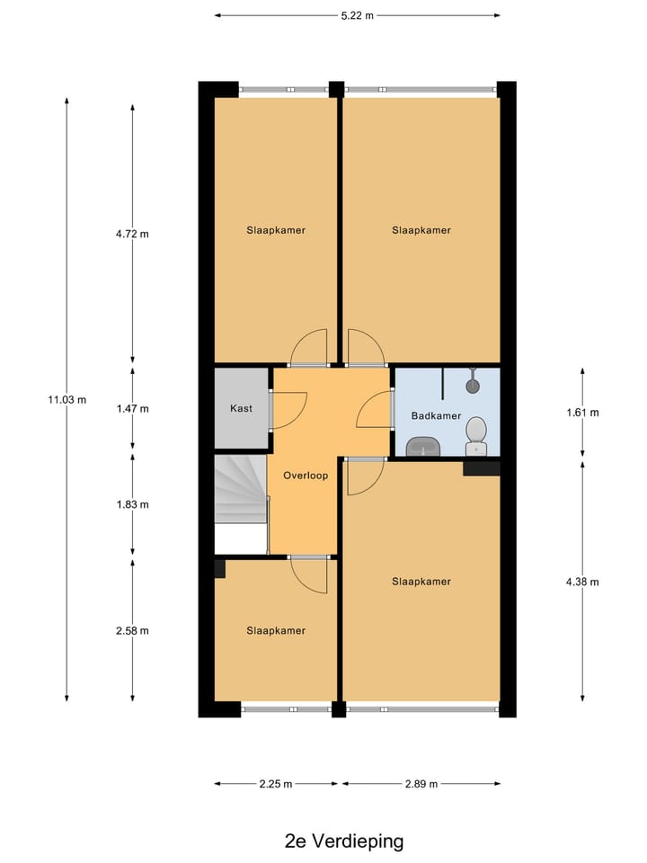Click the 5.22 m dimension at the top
point(357,15)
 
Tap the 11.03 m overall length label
point(67,400)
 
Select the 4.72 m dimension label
point(132,234)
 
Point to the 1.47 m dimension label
point(132,408)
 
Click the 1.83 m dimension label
point(132,504)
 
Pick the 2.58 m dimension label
point(132,630)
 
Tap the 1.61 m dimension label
point(582,413)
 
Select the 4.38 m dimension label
point(582,582)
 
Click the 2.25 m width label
point(276,784)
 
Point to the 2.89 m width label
point(421,784)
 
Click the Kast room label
point(241,408)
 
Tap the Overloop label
point(305,475)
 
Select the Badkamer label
point(436,415)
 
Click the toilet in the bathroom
point(476,440)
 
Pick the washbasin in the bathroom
point(422,446)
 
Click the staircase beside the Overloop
point(241,502)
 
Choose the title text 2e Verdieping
point(344,841)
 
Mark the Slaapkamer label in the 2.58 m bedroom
point(276,630)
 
